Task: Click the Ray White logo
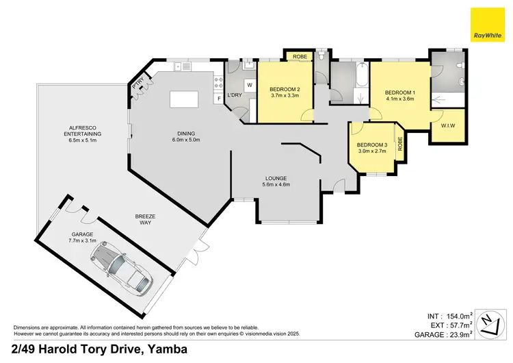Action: click(x=488, y=25)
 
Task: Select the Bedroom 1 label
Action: click(x=399, y=93)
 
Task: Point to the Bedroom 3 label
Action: click(x=373, y=145)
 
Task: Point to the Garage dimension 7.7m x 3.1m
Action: click(x=82, y=241)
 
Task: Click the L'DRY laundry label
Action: click(x=235, y=94)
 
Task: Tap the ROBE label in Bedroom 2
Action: click(x=299, y=56)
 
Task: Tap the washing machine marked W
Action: click(x=249, y=85)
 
